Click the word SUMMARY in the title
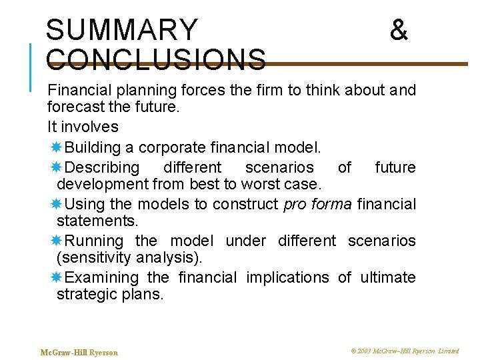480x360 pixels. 122,30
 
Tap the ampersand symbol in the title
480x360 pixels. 399,30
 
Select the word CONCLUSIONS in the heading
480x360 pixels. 157,59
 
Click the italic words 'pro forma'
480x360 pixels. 317,203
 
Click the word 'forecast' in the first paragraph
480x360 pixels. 73,107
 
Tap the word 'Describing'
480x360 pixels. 103,167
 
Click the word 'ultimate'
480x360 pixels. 388,277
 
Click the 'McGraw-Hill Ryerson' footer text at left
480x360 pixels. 79,352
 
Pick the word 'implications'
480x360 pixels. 287,277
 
